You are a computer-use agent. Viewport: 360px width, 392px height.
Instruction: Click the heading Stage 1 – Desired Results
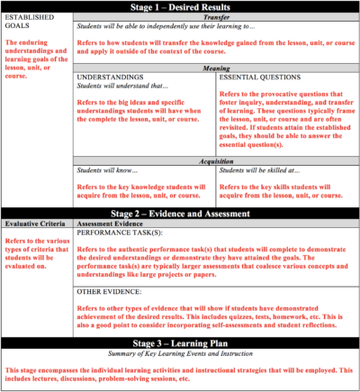(180, 6)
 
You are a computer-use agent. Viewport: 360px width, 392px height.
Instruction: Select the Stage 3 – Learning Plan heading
(180, 344)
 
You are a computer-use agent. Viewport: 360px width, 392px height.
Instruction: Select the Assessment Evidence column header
(117, 223)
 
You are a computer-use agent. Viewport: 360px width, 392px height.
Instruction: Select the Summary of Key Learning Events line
(180, 355)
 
